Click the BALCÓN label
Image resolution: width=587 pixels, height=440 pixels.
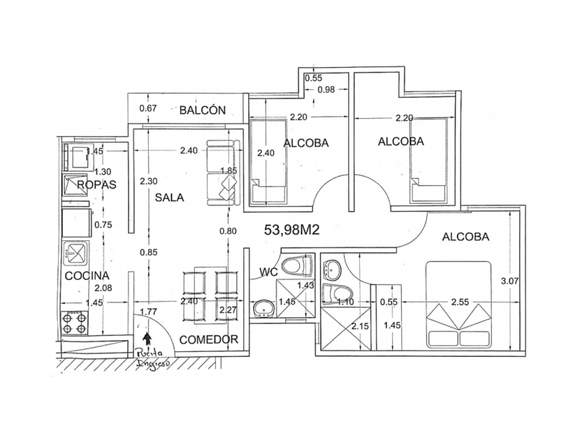click(x=203, y=110)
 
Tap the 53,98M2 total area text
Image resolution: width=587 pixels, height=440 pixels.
click(x=292, y=230)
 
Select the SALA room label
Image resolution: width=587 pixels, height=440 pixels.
click(x=169, y=197)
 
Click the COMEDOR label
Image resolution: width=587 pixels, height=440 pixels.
click(x=209, y=339)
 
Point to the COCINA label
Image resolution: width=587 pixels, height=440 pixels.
click(x=87, y=276)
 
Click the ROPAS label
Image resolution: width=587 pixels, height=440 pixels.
click(x=96, y=184)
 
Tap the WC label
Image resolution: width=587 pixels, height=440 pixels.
click(x=269, y=272)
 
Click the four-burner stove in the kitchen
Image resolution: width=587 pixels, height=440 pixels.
click(x=75, y=323)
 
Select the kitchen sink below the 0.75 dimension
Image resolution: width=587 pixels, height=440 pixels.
click(x=76, y=252)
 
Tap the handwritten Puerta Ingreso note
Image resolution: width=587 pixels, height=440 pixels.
click(x=153, y=358)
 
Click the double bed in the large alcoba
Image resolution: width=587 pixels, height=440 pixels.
click(x=458, y=305)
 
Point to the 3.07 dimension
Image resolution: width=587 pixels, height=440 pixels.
click(x=509, y=281)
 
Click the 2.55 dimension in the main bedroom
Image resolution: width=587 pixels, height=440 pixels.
click(x=460, y=302)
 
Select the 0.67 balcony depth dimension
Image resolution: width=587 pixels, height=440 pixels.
click(x=148, y=108)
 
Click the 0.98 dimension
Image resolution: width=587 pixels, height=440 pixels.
click(x=326, y=89)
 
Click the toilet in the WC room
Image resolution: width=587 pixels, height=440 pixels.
click(x=297, y=266)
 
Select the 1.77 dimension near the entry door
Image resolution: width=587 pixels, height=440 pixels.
click(x=149, y=311)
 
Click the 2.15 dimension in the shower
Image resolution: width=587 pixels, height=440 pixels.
click(x=360, y=326)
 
